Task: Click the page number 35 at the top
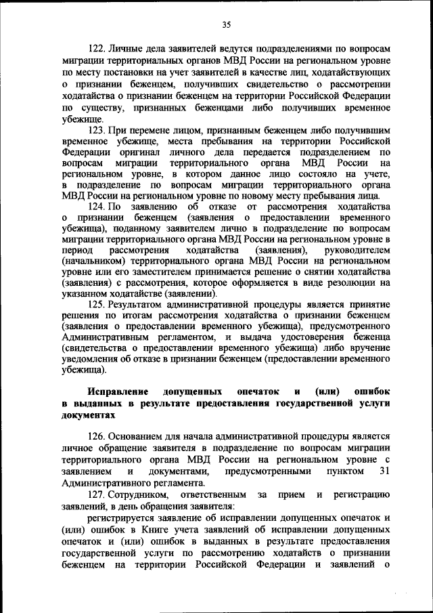226,25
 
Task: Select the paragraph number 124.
97,206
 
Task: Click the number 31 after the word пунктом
385,471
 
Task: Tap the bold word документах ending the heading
85,416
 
